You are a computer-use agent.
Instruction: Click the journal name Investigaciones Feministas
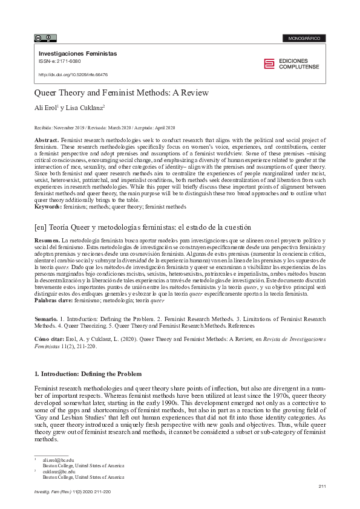[77, 54]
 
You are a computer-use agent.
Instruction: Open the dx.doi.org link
[73, 75]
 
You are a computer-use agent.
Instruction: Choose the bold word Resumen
[47, 241]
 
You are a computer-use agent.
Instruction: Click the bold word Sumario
[46, 319]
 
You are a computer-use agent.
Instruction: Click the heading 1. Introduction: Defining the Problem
[88, 374]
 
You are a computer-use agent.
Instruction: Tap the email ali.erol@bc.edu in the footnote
[54, 460]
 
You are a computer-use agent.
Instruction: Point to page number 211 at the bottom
[322, 486]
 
